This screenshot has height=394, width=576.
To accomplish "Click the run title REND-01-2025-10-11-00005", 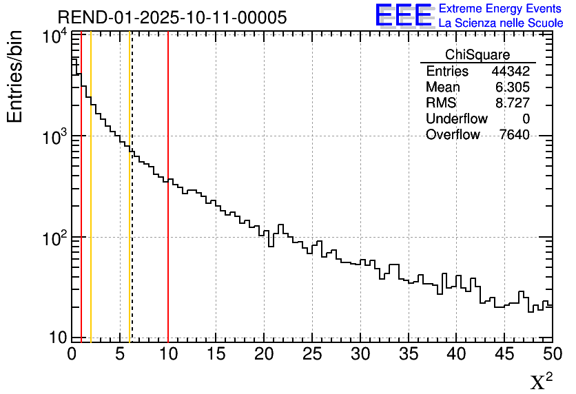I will (x=172, y=18).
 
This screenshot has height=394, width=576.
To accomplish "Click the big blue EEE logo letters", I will (x=403, y=15).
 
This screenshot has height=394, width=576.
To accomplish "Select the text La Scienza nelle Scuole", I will (x=501, y=23).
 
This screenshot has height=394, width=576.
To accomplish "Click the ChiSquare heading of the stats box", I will (x=477, y=55).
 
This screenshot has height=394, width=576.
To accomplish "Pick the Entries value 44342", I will (x=511, y=72).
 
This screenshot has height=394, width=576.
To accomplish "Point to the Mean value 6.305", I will (x=513, y=87).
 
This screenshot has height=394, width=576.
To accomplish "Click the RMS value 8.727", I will (x=513, y=103).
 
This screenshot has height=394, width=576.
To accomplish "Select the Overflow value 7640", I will (x=514, y=135).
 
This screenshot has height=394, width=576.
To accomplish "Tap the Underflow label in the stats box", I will (x=456, y=119).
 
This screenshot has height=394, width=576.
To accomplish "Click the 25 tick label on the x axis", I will (x=313, y=353).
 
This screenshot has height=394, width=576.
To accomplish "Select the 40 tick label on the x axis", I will (x=457, y=353).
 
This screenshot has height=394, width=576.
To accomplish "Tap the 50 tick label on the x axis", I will (x=553, y=353).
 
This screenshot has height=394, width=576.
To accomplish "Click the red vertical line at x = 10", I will (x=168, y=207).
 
